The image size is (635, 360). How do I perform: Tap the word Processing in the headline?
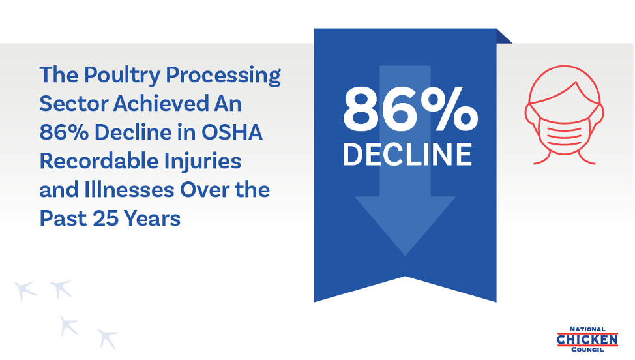(223, 75)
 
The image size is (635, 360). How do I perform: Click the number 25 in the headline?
(106, 218)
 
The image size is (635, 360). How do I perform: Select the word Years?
(153, 218)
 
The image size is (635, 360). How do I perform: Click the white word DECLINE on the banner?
(407, 155)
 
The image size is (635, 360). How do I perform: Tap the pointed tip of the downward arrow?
(405, 255)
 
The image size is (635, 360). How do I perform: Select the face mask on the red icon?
(564, 131)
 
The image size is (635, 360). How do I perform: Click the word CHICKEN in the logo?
(587, 339)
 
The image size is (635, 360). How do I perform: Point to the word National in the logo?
(587, 329)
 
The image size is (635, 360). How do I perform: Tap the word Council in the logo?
(587, 350)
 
